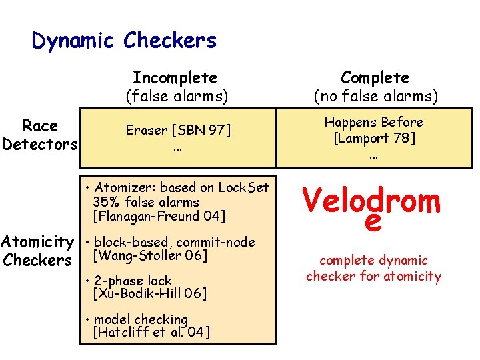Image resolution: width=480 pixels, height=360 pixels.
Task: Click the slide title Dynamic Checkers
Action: (124, 41)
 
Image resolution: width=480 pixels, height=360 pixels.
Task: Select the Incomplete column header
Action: (175, 78)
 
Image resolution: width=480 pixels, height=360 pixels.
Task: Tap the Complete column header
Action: (375, 78)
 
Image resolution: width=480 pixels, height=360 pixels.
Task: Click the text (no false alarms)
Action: (376, 97)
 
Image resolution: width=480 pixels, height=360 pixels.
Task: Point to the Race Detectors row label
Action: (40, 135)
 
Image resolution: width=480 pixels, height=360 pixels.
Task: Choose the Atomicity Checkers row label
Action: (39, 251)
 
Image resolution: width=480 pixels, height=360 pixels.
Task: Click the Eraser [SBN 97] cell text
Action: (177, 131)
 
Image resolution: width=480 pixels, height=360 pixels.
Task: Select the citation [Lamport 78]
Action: (373, 138)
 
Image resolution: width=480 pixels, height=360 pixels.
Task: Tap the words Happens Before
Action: (373, 123)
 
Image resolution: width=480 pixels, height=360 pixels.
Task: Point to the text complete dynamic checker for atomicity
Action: (373, 268)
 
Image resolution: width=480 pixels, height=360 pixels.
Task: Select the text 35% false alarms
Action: (146, 202)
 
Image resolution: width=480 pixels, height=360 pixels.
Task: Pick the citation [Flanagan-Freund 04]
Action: (159, 216)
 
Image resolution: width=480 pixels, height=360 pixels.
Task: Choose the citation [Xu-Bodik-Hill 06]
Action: (150, 294)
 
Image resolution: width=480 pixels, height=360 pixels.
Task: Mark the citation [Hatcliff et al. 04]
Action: (153, 333)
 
